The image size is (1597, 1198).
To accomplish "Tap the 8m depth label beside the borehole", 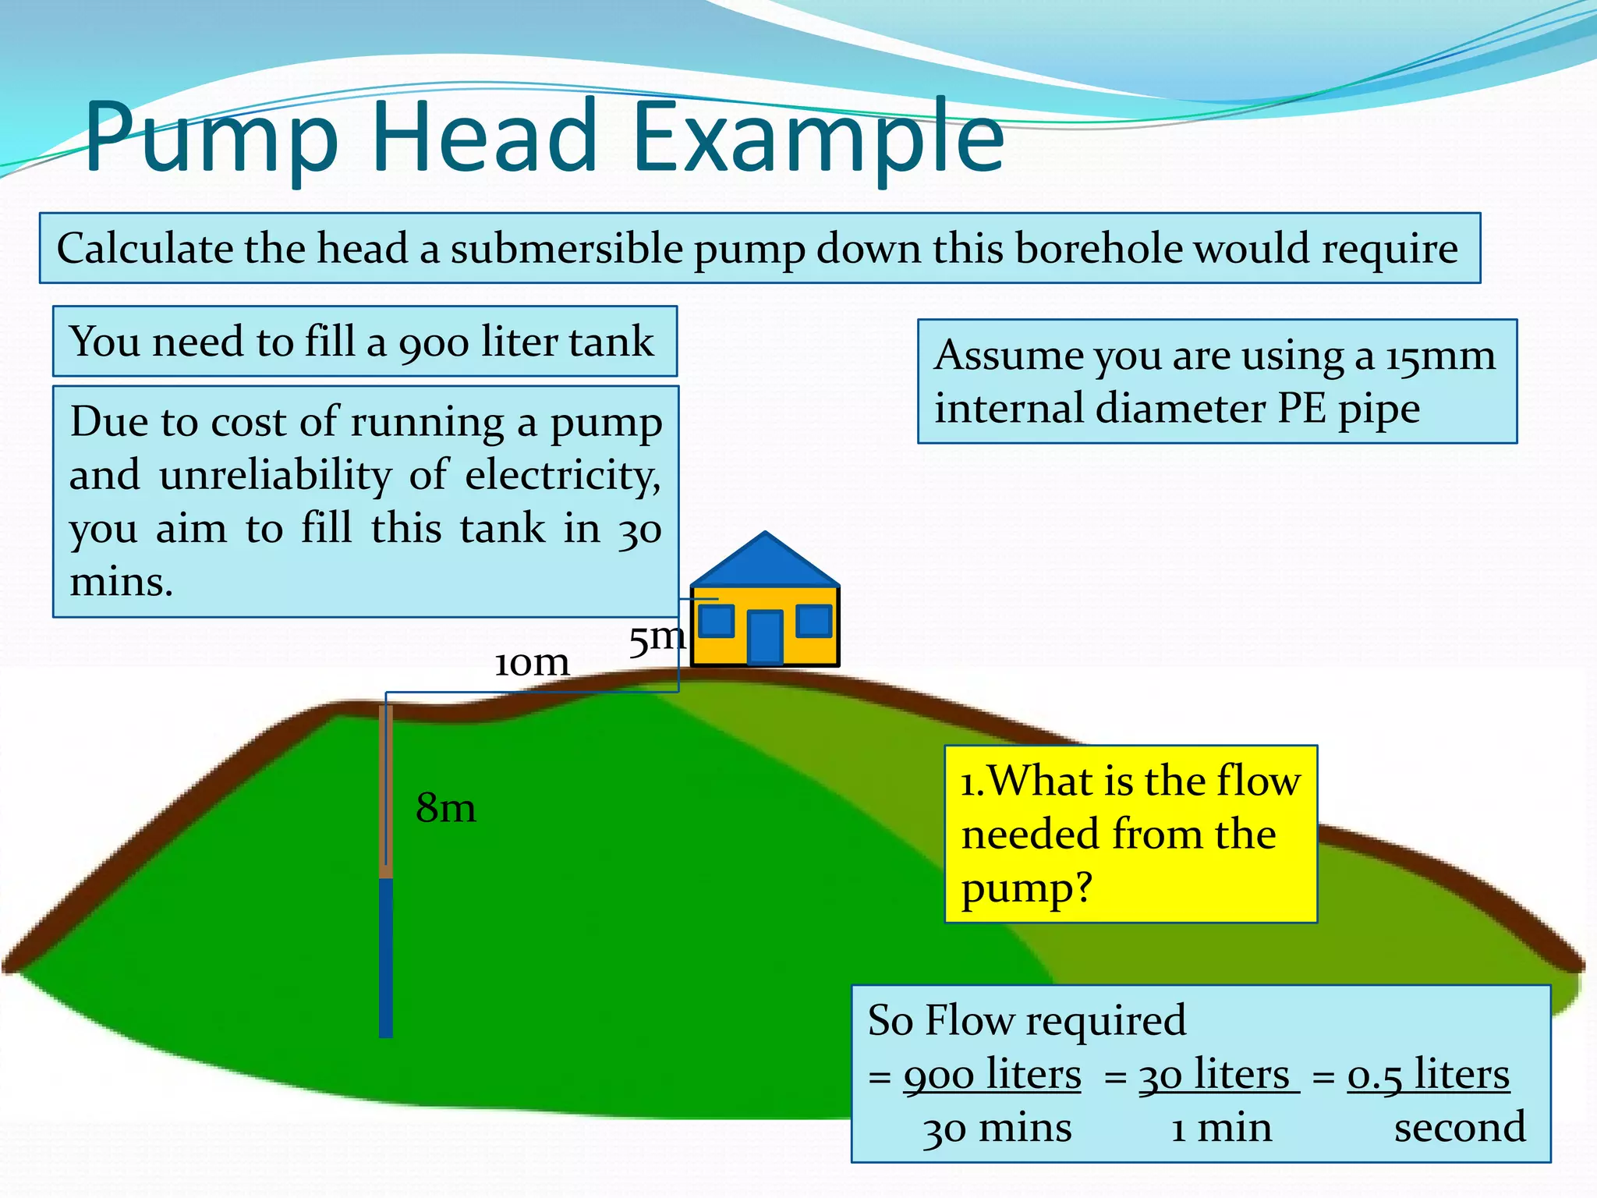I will click(445, 807).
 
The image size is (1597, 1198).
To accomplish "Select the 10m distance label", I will click(532, 663).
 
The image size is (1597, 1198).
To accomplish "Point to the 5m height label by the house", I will click(657, 639).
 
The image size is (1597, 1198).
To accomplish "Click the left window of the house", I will click(716, 621).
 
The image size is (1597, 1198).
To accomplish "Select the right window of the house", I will click(814, 621).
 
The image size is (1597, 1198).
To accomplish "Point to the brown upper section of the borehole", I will click(385, 792).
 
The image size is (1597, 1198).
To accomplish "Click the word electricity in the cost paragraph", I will click(562, 476).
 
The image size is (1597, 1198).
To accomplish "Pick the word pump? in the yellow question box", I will click(1027, 888).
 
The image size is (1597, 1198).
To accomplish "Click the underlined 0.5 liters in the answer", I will click(1428, 1075).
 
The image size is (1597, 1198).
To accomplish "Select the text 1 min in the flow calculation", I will click(1221, 1128).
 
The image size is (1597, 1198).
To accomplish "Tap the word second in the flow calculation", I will click(1460, 1128).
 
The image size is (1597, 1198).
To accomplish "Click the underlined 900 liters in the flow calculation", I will click(992, 1075).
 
